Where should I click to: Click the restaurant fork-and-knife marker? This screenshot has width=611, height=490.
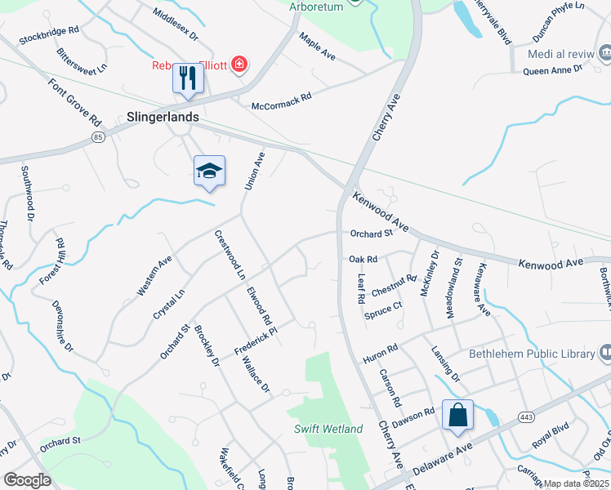[x=188, y=78]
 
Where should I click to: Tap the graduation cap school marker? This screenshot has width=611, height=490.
[x=209, y=171]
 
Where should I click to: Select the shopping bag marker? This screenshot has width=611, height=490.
[x=458, y=414]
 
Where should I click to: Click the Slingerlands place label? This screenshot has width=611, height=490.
[x=163, y=117]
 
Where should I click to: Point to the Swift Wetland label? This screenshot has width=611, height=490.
[x=328, y=429]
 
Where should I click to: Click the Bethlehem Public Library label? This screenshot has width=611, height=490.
[x=531, y=354]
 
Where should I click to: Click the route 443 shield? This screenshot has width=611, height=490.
[x=525, y=416]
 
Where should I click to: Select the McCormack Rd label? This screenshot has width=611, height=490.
[x=282, y=100]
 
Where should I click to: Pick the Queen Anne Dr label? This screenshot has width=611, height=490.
[x=552, y=70]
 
